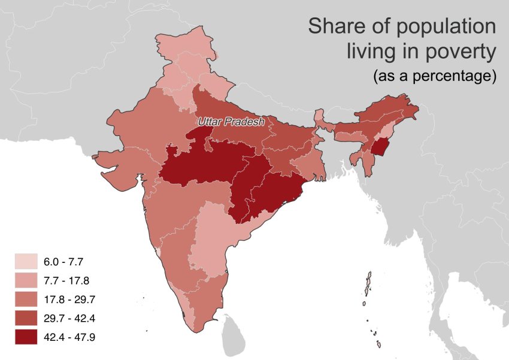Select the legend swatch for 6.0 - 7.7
[26, 262]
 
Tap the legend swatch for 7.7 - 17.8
[26, 280]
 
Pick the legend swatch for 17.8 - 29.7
[26, 299]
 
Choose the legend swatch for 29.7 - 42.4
[26, 318]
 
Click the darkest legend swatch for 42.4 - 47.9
[26, 337]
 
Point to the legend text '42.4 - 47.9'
[69, 337]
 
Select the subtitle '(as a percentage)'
[434, 77]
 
